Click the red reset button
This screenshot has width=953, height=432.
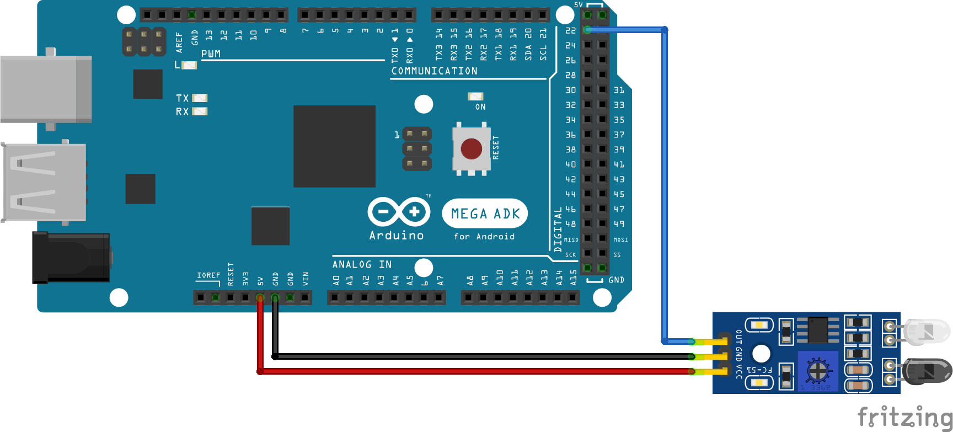[x=471, y=148]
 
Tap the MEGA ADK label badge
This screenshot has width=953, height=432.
[x=485, y=214]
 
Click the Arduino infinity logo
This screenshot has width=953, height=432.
[x=399, y=212]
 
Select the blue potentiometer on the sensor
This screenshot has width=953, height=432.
[x=818, y=370]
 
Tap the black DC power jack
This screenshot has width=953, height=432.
[x=71, y=257]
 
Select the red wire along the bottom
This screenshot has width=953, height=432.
[x=474, y=371]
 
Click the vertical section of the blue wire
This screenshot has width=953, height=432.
[x=665, y=182]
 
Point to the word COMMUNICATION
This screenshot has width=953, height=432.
[x=434, y=71]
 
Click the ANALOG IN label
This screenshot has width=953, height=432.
[x=362, y=265]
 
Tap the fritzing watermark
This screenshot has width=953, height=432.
[x=904, y=417]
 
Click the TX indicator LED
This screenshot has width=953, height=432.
[x=199, y=98]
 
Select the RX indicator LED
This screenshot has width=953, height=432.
[x=199, y=111]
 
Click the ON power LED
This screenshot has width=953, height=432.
[x=475, y=97]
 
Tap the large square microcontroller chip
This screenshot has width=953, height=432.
[x=334, y=146]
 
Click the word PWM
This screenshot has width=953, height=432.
[x=211, y=54]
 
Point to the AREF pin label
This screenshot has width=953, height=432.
[x=179, y=42]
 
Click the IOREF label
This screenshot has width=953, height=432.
[x=208, y=275]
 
